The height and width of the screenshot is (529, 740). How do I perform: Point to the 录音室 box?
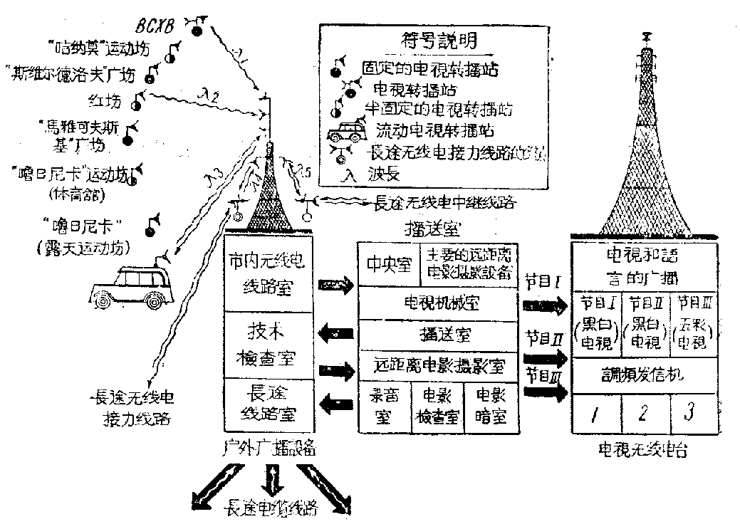coord(384,408)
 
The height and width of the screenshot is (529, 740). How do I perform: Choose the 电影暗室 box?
coord(490,408)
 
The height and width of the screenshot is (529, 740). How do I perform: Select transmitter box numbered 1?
coord(595,412)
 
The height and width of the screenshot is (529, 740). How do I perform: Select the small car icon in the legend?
coord(350,132)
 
